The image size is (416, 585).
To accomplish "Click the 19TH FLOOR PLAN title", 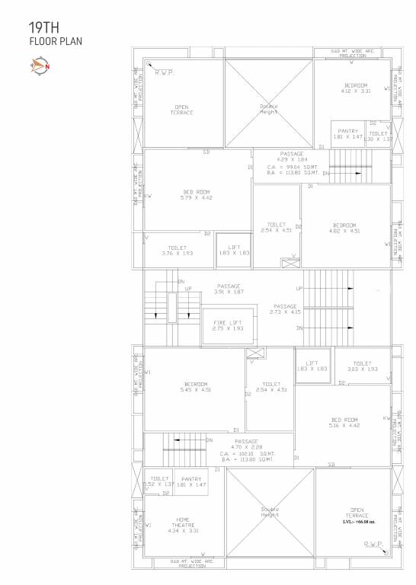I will [x=55, y=34].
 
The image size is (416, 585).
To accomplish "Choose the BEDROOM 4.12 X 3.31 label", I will [x=356, y=88].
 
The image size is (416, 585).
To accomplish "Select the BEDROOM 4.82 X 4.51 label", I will [x=344, y=228].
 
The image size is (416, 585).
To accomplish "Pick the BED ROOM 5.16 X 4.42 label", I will [x=344, y=423].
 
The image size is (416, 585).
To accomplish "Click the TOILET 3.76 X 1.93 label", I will [x=178, y=251].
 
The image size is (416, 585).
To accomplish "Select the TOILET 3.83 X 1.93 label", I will [x=362, y=366].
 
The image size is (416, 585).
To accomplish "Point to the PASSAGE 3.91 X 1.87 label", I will [x=229, y=289].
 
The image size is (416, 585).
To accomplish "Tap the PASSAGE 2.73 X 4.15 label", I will [x=286, y=309].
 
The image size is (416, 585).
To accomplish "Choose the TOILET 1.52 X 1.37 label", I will [x=160, y=481].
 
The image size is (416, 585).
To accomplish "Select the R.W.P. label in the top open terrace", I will [x=164, y=72].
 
